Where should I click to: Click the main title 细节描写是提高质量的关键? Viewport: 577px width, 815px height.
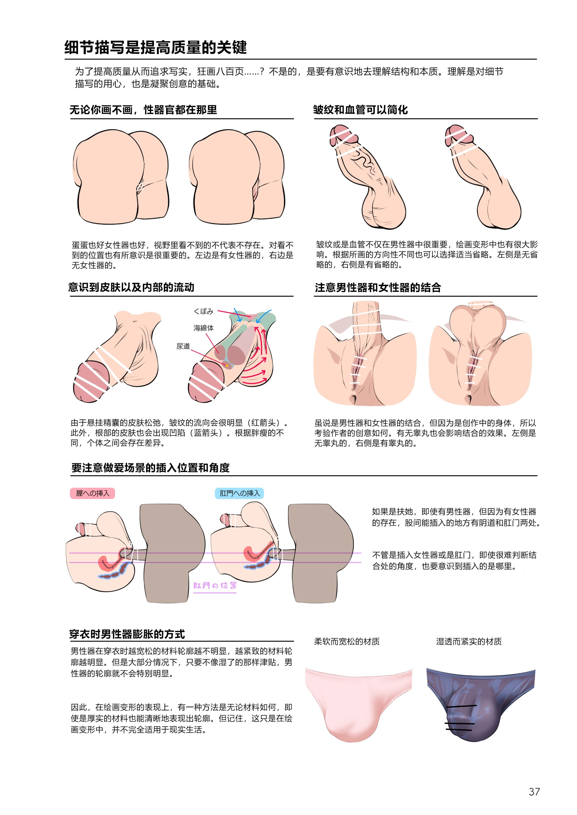[156, 47]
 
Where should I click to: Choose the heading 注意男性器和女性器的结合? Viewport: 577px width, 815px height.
[378, 288]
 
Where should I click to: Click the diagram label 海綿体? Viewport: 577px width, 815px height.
[204, 328]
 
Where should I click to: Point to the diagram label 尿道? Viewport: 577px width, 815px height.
[183, 346]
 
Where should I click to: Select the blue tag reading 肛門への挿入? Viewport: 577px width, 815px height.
[239, 493]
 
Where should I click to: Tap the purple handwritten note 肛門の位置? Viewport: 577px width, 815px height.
[215, 585]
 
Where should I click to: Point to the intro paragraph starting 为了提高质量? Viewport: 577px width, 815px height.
[289, 77]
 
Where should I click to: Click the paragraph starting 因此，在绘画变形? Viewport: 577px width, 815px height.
[182, 718]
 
